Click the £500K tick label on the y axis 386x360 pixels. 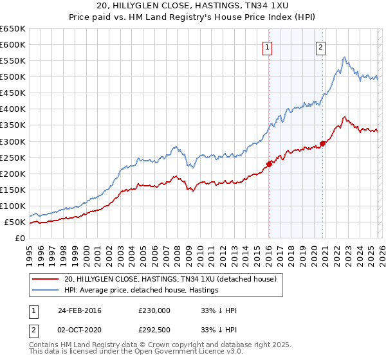pyautogui.click(x=13, y=77)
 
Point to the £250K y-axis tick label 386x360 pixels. pyautogui.click(x=13, y=157)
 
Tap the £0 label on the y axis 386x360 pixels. pyautogui.click(x=19, y=239)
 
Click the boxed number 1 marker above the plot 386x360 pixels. pyautogui.click(x=266, y=46)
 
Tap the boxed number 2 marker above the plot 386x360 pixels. pyautogui.click(x=320, y=46)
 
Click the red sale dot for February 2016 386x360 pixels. pyautogui.click(x=269, y=164)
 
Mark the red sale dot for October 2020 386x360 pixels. pyautogui.click(x=322, y=143)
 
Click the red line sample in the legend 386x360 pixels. pyautogui.click(x=45, y=279)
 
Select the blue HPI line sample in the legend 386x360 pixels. pyautogui.click(x=45, y=291)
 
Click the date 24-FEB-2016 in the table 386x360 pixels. pyautogui.click(x=80, y=310)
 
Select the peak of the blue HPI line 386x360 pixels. pyautogui.click(x=345, y=57)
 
